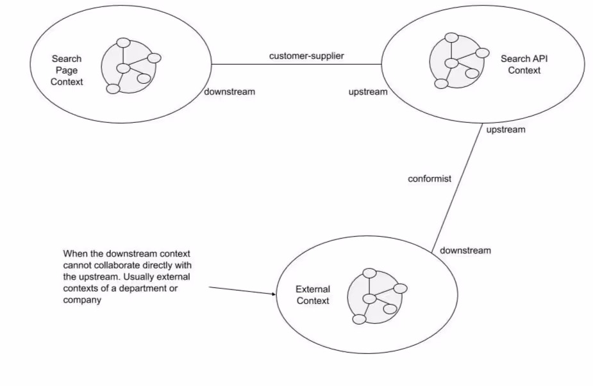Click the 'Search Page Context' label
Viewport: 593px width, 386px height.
tap(67, 70)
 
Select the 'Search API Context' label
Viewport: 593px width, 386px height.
tap(524, 65)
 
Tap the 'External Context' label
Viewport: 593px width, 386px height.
tap(312, 295)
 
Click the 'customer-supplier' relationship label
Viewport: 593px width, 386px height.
tap(306, 56)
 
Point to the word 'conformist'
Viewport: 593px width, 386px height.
tap(430, 179)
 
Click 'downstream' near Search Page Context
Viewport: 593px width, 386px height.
tap(230, 92)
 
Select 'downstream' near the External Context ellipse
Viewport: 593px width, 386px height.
tap(465, 250)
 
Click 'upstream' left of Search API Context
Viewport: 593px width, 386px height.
tap(368, 92)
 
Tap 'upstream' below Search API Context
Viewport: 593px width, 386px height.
tap(505, 129)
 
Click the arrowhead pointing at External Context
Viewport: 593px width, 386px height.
tap(272, 295)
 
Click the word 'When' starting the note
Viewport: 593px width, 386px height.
tap(74, 253)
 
